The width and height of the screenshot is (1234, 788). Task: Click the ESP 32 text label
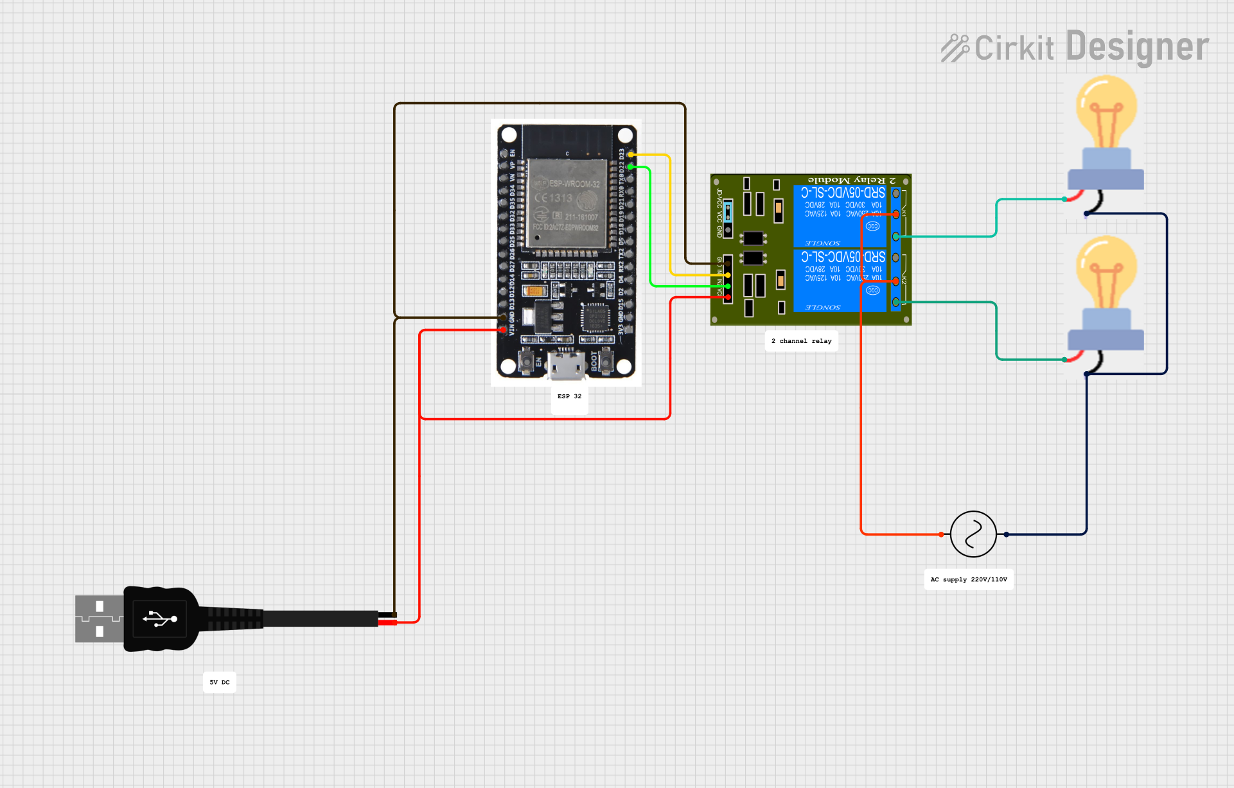click(x=569, y=396)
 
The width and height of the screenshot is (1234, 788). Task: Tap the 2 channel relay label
click(x=801, y=341)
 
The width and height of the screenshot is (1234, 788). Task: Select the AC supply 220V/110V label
click(x=969, y=579)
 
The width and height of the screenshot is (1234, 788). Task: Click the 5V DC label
click(x=219, y=682)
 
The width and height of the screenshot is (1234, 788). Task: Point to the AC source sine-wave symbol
click(x=973, y=534)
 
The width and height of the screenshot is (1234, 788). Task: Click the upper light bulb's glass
click(x=1106, y=109)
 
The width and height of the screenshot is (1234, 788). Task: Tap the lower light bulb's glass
click(x=1106, y=270)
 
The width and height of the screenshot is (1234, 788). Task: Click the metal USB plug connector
click(x=98, y=618)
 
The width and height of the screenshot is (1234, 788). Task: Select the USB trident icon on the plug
click(x=160, y=619)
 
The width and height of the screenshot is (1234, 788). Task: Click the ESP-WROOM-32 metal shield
click(x=567, y=202)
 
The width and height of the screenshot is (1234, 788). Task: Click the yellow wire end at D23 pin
click(x=631, y=155)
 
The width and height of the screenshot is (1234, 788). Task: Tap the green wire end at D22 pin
click(x=631, y=167)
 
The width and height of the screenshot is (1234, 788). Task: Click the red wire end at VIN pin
click(x=503, y=330)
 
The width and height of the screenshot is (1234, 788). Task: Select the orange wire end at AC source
click(x=941, y=534)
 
